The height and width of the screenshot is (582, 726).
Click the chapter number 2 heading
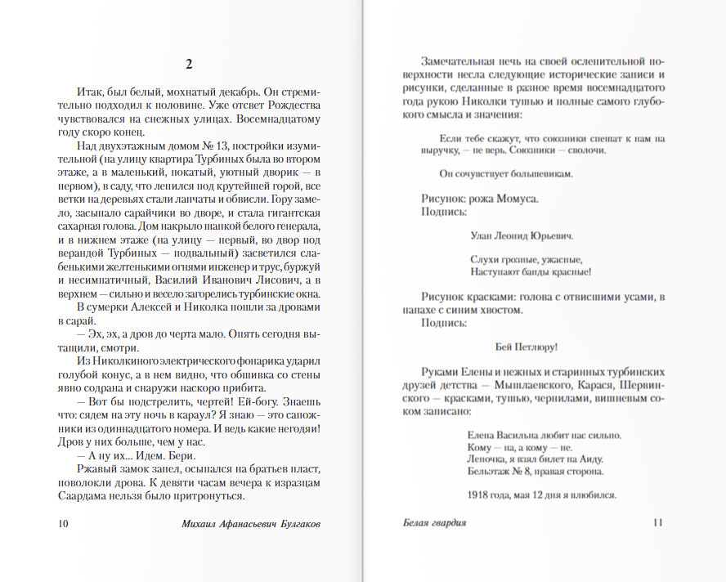coord(189,65)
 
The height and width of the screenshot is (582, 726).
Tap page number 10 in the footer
coord(65,522)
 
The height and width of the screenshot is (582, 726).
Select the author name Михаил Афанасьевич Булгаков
coord(250,522)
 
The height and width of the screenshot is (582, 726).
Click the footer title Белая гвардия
coord(434,522)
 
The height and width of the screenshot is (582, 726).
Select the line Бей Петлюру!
coord(527,346)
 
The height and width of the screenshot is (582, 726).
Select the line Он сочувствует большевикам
coord(506,173)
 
